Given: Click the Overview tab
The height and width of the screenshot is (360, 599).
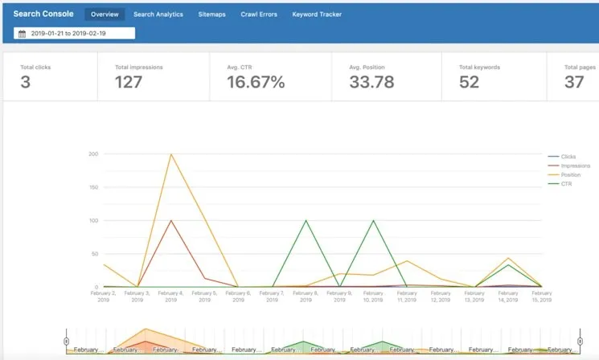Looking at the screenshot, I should tap(105, 14).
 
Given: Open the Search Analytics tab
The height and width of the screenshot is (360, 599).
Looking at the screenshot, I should tap(158, 14).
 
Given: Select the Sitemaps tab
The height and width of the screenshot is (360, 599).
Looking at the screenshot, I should tap(211, 14).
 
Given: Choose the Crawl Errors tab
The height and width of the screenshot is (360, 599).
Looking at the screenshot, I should tap(258, 14).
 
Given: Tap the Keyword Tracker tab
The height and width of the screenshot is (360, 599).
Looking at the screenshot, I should tap(317, 14).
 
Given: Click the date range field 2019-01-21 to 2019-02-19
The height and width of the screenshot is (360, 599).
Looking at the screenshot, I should tap(74, 34).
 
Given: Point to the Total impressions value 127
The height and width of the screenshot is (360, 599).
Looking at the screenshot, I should tap(129, 82).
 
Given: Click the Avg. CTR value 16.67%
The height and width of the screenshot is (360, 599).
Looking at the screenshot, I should tap(256, 82).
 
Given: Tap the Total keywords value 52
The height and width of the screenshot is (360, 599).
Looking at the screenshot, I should tap(470, 82).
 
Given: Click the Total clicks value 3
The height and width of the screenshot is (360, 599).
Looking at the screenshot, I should tap(26, 82).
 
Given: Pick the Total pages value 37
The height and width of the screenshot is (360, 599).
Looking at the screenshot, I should tap(574, 82).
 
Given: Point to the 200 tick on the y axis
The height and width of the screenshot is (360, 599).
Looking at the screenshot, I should tap(93, 153).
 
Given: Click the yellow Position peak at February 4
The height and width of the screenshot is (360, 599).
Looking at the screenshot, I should tap(170, 154).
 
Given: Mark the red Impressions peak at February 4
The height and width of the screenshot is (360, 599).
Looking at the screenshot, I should tap(170, 220).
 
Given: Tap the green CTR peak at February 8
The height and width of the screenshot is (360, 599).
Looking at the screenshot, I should tap(306, 220).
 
